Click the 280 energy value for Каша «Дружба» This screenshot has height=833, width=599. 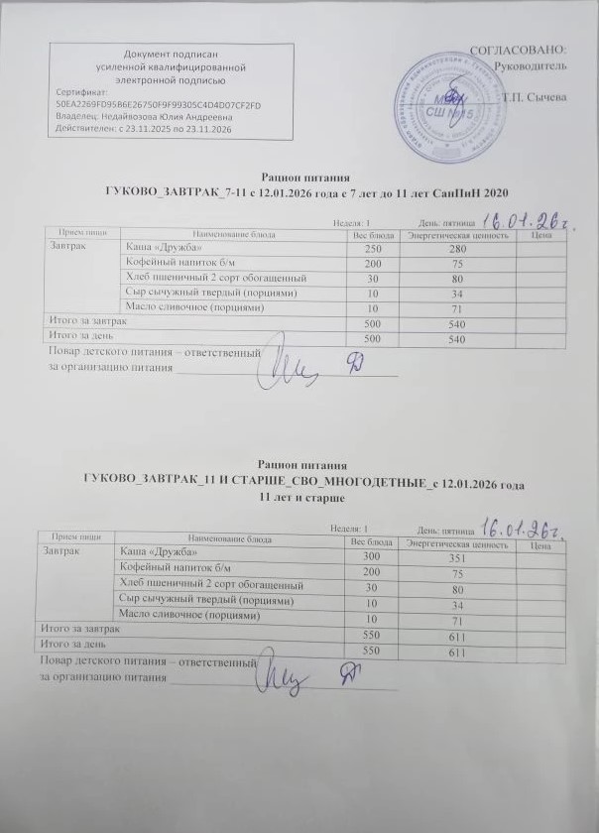tap(457, 249)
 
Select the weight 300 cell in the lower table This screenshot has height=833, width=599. tap(373, 554)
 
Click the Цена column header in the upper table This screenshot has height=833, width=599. tap(542, 235)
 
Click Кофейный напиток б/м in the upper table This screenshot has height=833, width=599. tap(172, 262)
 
